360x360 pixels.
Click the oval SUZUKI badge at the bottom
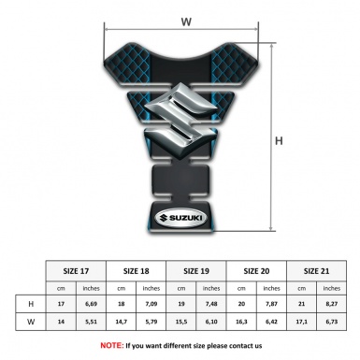click(x=180, y=223)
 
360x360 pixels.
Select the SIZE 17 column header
click(x=77, y=270)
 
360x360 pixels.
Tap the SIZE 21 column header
click(x=316, y=270)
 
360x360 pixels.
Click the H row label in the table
click(x=32, y=304)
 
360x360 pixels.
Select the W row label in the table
click(x=32, y=323)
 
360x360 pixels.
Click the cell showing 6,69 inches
click(x=92, y=304)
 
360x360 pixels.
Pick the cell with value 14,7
click(x=122, y=323)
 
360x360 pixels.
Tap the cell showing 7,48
click(x=212, y=304)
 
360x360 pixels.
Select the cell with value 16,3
click(x=241, y=323)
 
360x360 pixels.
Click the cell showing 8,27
click(x=331, y=304)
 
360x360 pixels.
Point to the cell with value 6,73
click(x=331, y=323)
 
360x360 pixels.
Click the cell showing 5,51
click(x=92, y=323)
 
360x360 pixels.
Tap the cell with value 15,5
click(x=181, y=323)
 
